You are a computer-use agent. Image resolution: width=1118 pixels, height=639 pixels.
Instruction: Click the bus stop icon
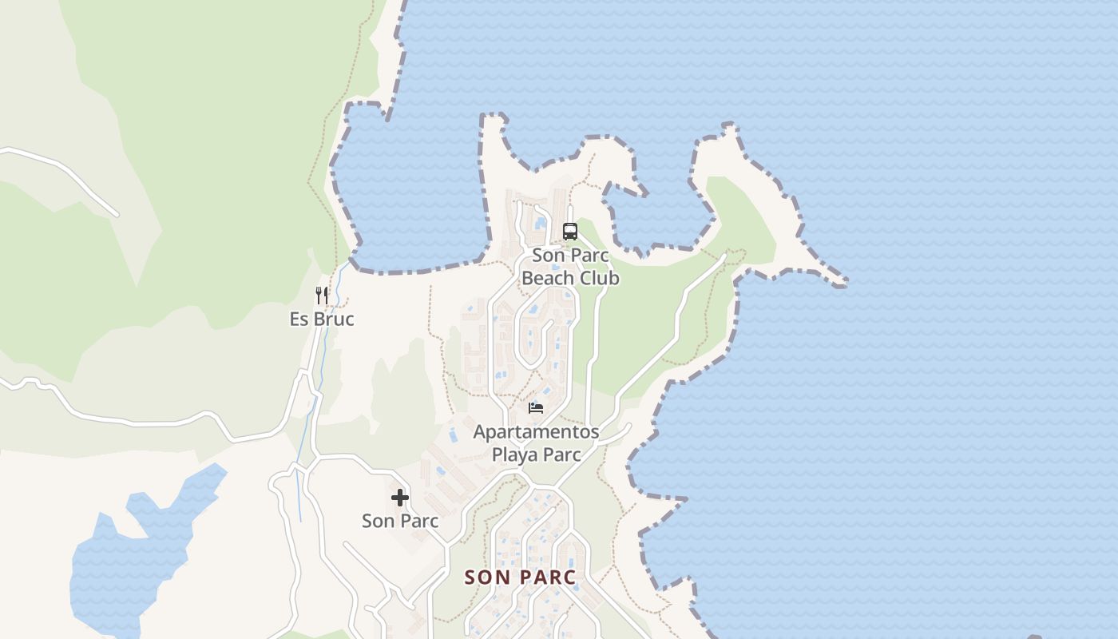click(x=569, y=232)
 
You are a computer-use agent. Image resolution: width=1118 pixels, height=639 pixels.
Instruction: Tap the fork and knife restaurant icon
click(x=322, y=296)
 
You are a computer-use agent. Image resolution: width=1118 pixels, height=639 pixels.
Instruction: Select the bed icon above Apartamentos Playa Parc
click(x=536, y=408)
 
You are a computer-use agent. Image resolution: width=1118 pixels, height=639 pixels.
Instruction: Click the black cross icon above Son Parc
click(x=400, y=498)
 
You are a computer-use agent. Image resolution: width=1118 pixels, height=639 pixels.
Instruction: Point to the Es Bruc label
click(x=322, y=319)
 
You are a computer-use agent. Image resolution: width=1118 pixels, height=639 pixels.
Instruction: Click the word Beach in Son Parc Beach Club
click(x=550, y=278)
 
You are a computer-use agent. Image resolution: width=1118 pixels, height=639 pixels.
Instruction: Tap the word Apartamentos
click(x=536, y=432)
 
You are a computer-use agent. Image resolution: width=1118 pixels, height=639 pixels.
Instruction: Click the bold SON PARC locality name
click(x=520, y=577)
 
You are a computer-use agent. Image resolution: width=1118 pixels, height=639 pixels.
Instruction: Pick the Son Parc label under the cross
click(x=400, y=522)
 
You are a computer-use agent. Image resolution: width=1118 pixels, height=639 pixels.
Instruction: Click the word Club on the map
click(x=601, y=278)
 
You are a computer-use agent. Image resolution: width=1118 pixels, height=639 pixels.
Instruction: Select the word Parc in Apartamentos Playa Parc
click(x=561, y=454)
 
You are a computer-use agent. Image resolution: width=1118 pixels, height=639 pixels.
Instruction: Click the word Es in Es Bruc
click(x=299, y=319)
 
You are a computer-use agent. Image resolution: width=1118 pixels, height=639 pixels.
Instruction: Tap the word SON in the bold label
click(x=487, y=577)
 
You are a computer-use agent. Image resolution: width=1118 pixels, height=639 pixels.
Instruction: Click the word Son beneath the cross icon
click(x=378, y=522)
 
